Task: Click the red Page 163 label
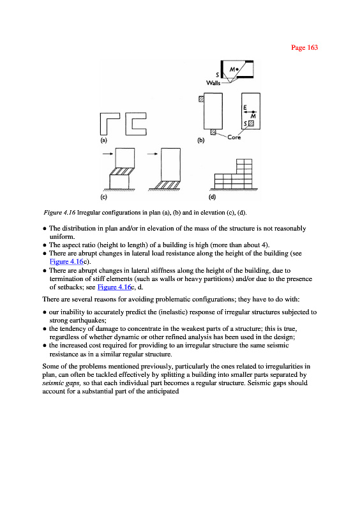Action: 304,47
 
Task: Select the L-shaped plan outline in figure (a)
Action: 103,124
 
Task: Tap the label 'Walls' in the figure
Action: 213,83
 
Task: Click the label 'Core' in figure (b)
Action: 234,137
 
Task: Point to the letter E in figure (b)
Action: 245,107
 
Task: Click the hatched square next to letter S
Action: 251,123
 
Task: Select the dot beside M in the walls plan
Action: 237,69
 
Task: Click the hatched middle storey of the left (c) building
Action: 122,171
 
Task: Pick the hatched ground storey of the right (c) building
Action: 167,185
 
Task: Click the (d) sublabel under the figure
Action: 212,197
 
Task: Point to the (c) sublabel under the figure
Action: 103,197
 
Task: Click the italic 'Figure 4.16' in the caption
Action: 59,213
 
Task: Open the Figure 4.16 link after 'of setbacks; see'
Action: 114,287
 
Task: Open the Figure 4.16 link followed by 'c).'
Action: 66,261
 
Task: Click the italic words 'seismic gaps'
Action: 61,383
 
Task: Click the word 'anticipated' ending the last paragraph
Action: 163,392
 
